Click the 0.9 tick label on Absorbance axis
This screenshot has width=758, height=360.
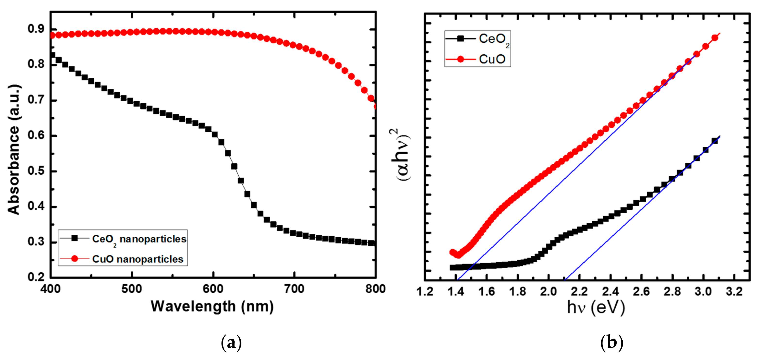pyautogui.click(x=36, y=29)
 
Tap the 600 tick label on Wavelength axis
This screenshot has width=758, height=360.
pyautogui.click(x=213, y=289)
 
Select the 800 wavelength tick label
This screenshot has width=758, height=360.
pyautogui.click(x=375, y=289)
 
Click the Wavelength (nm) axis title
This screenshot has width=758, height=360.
pyautogui.click(x=212, y=306)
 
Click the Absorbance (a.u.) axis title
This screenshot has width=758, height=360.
pyautogui.click(x=14, y=150)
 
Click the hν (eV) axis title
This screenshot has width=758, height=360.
pyautogui.click(x=596, y=307)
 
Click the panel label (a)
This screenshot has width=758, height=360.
pyautogui.click(x=231, y=343)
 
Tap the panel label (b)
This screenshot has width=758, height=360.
pyautogui.click(x=612, y=343)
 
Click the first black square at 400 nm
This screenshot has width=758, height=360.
pyautogui.click(x=52, y=55)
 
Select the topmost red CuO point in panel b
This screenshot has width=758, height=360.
pyautogui.click(x=715, y=38)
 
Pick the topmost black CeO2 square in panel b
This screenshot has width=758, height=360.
pyautogui.click(x=715, y=141)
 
